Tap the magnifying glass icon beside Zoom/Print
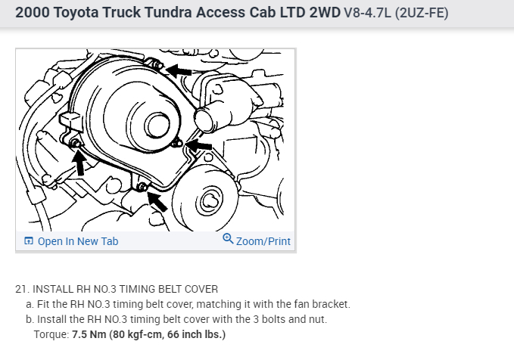(x=228, y=239)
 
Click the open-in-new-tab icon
(x=29, y=241)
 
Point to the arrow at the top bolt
(x=179, y=70)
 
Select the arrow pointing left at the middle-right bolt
(x=198, y=145)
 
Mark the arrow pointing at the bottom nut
(x=157, y=201)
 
